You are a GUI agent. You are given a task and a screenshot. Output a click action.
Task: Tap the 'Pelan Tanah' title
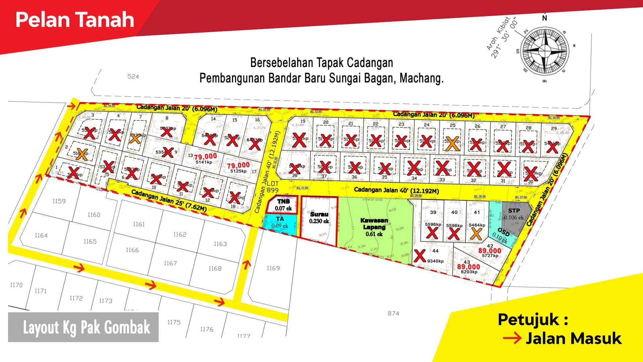tap(75, 19)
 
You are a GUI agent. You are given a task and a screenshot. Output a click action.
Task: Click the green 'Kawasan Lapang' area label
tap(374, 227)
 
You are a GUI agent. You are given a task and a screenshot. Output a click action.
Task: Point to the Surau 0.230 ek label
tap(319, 218)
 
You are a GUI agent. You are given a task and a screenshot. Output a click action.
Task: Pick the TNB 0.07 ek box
tap(283, 205)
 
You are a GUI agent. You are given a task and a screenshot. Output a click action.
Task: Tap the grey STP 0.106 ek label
tap(514, 214)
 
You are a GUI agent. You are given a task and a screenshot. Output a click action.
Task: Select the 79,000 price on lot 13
tap(206, 157)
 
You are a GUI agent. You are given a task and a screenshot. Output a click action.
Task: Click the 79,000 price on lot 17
tap(238, 166)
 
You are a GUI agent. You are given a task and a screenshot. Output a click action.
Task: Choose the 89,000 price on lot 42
tap(490, 251)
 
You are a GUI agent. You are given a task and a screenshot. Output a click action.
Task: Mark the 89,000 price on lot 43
tap(469, 267)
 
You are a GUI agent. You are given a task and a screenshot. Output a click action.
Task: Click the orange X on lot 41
tap(476, 234)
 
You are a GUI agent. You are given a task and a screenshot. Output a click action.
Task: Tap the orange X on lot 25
tap(452, 143)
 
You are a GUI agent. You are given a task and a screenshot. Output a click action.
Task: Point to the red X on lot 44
tap(420, 256)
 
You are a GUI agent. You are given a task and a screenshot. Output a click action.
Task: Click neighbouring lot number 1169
tap(273, 268)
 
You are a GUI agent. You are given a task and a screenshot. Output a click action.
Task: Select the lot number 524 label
tap(133, 76)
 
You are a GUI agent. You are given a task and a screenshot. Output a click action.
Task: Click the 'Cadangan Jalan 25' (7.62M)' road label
tap(168, 200)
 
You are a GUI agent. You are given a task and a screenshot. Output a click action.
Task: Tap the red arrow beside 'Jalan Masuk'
tap(512, 338)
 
